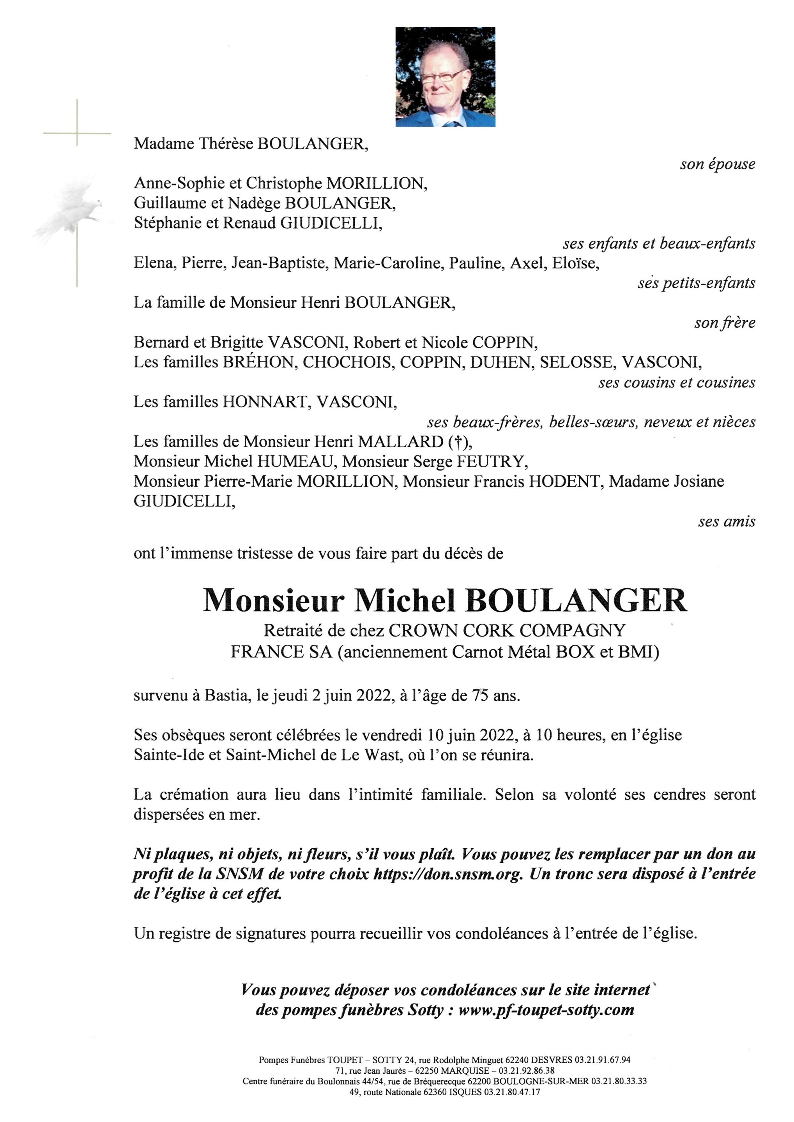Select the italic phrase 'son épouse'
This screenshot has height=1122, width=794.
pyautogui.click(x=717, y=164)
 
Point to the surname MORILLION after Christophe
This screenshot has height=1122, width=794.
pyautogui.click(x=377, y=183)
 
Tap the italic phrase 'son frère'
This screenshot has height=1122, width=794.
pyautogui.click(x=725, y=323)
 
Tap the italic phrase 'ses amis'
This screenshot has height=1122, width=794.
pyautogui.click(x=727, y=522)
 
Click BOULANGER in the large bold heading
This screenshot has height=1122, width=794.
pyautogui.click(x=576, y=601)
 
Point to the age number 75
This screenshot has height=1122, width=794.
pyautogui.click(x=480, y=695)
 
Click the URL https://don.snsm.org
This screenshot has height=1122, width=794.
pyautogui.click(x=447, y=874)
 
